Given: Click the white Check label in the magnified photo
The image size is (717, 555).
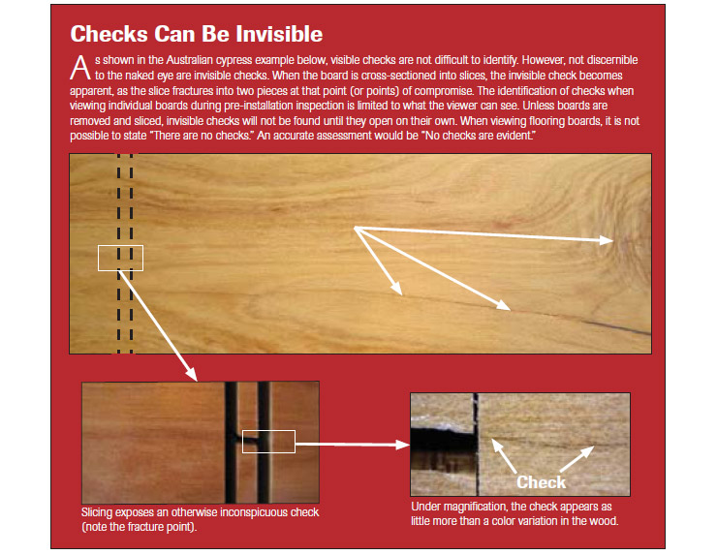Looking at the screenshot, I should [541, 481].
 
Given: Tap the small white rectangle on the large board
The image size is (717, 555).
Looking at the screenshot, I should [120, 258].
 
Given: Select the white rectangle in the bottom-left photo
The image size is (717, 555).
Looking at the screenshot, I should [268, 441].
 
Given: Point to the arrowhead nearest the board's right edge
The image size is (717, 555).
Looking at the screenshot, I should [608, 239].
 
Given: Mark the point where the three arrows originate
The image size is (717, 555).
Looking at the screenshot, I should [357, 228].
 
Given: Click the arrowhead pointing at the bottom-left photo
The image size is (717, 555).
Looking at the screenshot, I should [192, 374].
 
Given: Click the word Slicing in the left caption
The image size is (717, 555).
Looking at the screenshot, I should [99, 511].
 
